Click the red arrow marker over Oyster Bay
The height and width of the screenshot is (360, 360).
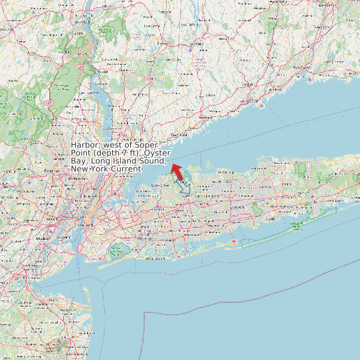pyautogui.click(x=176, y=171)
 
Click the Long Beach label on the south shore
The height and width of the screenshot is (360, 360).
pyautogui.click(x=154, y=258)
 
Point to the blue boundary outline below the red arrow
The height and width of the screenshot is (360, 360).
pyautogui.click(x=184, y=186)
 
